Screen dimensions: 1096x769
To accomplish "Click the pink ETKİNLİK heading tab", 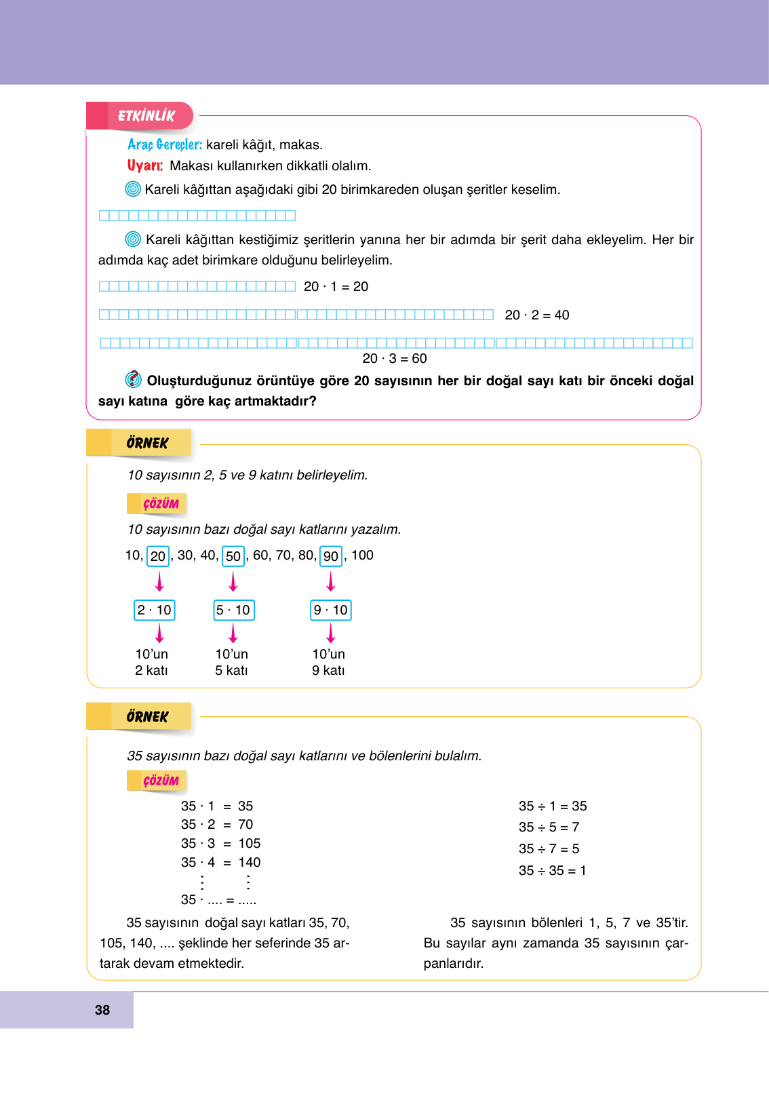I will pyautogui.click(x=145, y=116).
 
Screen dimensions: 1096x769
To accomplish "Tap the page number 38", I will pyautogui.click(x=102, y=1010).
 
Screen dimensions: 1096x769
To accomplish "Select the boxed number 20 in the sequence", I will pyautogui.click(x=158, y=556).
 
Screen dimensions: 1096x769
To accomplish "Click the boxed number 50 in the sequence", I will pyautogui.click(x=233, y=556).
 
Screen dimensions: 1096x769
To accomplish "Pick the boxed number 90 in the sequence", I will pyautogui.click(x=331, y=556).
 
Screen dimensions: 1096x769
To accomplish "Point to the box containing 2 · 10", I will pyautogui.click(x=155, y=610).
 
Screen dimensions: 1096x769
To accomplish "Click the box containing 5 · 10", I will pyautogui.click(x=233, y=610).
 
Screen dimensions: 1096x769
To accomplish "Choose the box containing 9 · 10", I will pyautogui.click(x=331, y=610).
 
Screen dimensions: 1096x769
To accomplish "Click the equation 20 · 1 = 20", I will pyautogui.click(x=336, y=286).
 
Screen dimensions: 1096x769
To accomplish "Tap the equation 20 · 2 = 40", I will pyautogui.click(x=536, y=315).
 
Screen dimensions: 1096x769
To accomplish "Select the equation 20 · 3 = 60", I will pyautogui.click(x=395, y=358).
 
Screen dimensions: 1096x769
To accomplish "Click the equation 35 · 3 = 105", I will pyautogui.click(x=220, y=843).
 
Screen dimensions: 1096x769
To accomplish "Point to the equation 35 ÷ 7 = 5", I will pyautogui.click(x=549, y=848).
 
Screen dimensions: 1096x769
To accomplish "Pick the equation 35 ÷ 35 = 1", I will pyautogui.click(x=552, y=870).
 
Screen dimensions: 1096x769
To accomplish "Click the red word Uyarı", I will pyautogui.click(x=145, y=165).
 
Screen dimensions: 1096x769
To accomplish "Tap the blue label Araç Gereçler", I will pyautogui.click(x=165, y=144).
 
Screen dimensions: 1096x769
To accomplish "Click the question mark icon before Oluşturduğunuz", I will pyautogui.click(x=134, y=379).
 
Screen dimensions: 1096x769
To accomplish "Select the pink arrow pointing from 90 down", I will pyautogui.click(x=331, y=581).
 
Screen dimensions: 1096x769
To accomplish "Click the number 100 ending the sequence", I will pyautogui.click(x=362, y=555).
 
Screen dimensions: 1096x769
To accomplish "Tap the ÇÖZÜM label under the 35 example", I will pyautogui.click(x=160, y=781).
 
